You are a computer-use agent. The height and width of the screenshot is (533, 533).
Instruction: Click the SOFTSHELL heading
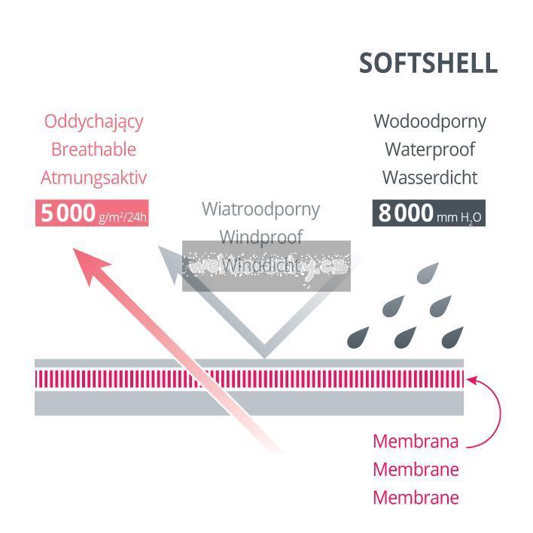pyautogui.click(x=428, y=64)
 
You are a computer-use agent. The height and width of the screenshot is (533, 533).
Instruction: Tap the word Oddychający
pyautogui.click(x=93, y=121)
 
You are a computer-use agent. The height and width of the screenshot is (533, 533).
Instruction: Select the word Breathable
pyautogui.click(x=93, y=149)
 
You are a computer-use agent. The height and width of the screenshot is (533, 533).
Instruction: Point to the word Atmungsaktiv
pyautogui.click(x=93, y=177)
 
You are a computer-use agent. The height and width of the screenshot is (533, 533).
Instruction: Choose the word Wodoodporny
pyautogui.click(x=430, y=121)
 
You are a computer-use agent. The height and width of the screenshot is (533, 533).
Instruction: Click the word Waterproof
pyautogui.click(x=430, y=149)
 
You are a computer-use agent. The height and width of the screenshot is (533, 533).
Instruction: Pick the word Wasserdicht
pyautogui.click(x=430, y=177)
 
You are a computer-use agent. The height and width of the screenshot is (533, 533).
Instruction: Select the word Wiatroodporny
pyautogui.click(x=260, y=208)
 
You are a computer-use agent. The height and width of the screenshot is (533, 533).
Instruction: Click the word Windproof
pyautogui.click(x=260, y=237)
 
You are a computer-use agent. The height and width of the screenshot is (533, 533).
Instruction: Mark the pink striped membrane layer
pyautogui.click(x=248, y=379)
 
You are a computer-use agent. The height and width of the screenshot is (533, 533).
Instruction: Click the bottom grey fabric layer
pyautogui.click(x=248, y=404)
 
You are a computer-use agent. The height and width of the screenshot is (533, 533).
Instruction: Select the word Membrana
pyautogui.click(x=416, y=441)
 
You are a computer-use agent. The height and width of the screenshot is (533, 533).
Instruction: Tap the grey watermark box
pyautogui.click(x=266, y=266)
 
